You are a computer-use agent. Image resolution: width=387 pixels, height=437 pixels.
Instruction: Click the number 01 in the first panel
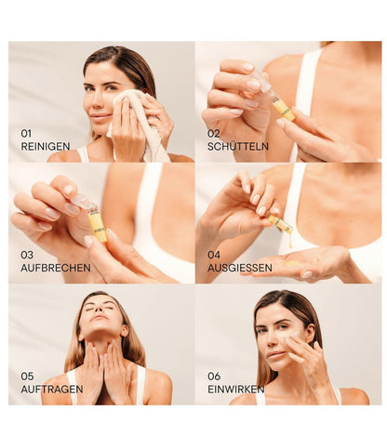pos(26,133)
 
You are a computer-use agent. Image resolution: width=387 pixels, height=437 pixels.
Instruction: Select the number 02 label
pos(213,133)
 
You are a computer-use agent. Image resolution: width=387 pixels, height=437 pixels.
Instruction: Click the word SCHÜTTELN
pos(236,145)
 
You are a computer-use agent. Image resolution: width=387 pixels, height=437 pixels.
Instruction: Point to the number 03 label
pos(27,254)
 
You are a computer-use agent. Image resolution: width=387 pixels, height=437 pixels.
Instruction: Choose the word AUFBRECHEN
pos(55,266)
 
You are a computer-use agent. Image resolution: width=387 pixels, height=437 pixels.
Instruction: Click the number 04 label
pos(214,254)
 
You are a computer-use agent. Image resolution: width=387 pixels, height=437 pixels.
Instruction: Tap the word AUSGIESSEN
pos(240,266)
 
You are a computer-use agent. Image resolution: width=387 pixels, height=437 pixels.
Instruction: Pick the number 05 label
pos(27,376)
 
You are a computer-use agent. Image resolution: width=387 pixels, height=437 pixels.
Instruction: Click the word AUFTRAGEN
pos(51,388)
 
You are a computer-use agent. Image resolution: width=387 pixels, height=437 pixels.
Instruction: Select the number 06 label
pos(214,376)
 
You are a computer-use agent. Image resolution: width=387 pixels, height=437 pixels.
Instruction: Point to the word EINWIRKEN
pos(236,388)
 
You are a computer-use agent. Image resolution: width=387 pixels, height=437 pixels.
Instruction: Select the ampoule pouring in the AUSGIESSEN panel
pos(279,223)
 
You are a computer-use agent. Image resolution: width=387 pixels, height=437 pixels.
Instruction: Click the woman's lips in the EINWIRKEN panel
pos(276,356)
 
